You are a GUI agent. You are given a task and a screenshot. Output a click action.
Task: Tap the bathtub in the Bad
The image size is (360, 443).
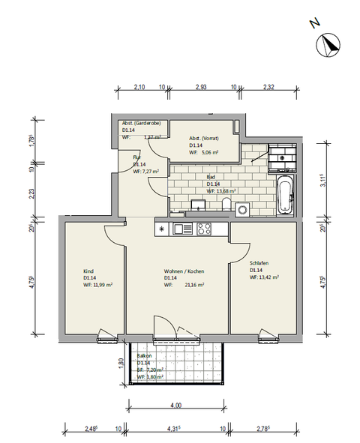coord(285,196)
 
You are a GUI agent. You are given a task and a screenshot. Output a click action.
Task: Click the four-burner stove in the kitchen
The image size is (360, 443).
coord(203,229)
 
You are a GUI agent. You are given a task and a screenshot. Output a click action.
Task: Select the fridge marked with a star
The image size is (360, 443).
coord(161,229)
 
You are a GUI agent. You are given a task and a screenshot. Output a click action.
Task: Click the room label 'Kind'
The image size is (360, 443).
coord(88,271)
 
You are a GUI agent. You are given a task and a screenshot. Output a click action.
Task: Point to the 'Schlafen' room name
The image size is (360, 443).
coord(259,263)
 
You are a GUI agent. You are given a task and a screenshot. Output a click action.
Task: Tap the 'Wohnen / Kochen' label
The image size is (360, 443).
coord(184,271)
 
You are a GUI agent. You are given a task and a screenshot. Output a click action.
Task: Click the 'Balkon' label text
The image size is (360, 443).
coord(145,356)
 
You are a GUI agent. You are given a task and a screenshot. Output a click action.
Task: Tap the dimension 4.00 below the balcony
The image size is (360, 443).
coord(175,406)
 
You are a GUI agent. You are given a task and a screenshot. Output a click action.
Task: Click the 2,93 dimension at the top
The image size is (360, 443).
coord(200,88)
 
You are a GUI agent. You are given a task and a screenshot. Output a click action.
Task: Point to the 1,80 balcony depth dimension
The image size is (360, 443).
coord(121,364)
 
